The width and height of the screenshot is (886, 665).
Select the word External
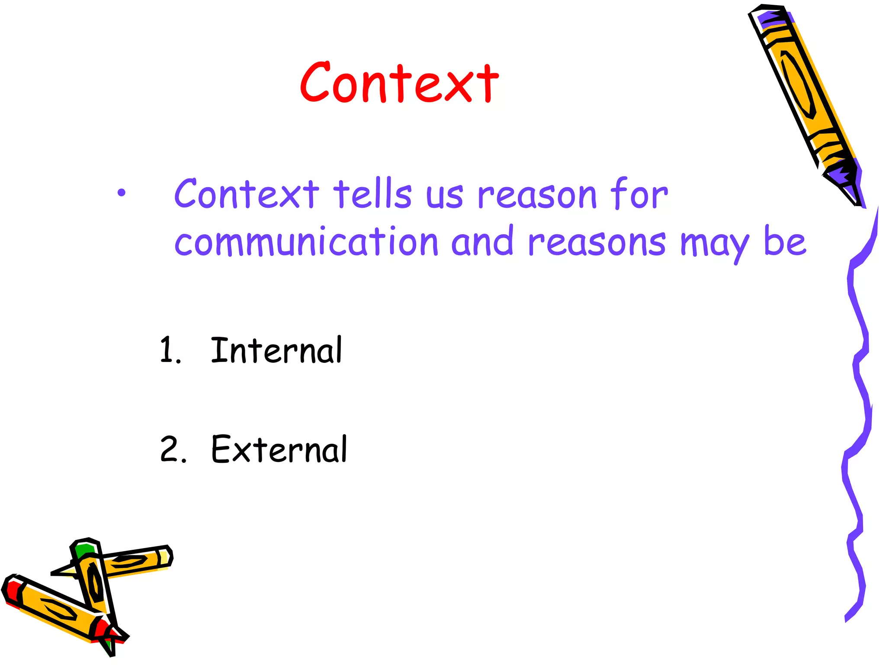[x=279, y=449]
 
